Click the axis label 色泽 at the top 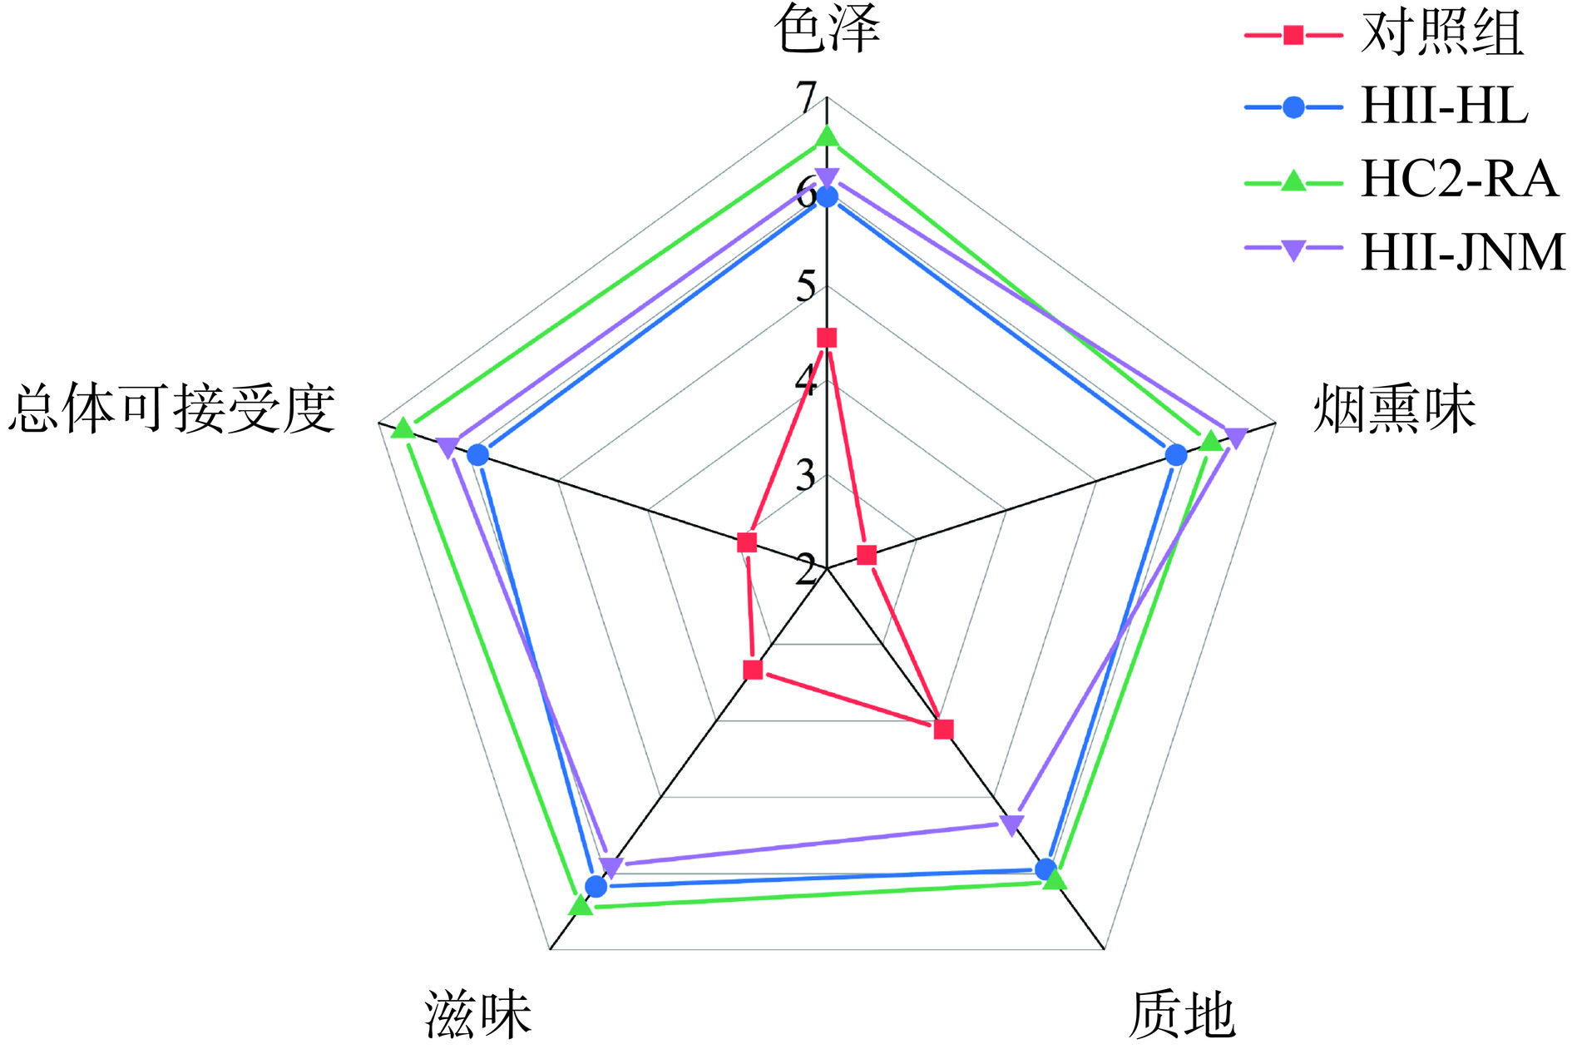[x=827, y=30]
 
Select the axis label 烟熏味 [x=1394, y=409]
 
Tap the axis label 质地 [x=1182, y=1015]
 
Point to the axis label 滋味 [x=478, y=1015]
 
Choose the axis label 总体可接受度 [x=172, y=409]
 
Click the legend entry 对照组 [x=1441, y=34]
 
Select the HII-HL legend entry [x=1444, y=106]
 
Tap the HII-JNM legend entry [x=1462, y=251]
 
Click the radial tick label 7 [x=806, y=98]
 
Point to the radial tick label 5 [x=806, y=287]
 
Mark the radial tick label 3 [x=806, y=476]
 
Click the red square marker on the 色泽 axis [x=827, y=338]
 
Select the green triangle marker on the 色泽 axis [x=827, y=135]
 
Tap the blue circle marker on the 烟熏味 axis [x=1175, y=454]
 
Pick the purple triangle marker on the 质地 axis [x=1011, y=824]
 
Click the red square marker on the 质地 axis [x=943, y=730]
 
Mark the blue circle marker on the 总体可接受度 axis [x=477, y=454]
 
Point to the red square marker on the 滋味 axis [x=753, y=670]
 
